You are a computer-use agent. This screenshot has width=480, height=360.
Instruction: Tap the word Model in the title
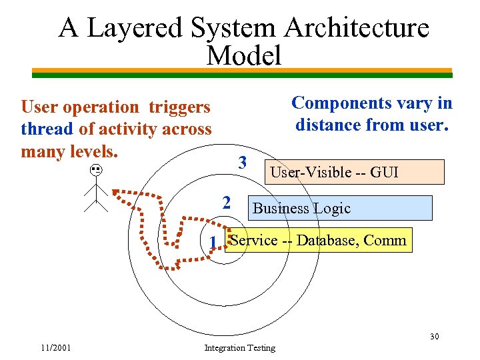point(244,55)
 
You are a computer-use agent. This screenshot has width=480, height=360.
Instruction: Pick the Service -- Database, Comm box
point(319,240)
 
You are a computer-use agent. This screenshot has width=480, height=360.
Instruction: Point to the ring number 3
point(243,162)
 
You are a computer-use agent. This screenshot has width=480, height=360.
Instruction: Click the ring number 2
point(227,202)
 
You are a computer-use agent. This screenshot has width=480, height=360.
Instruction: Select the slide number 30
point(434,336)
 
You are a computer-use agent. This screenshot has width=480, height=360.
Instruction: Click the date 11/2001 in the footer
point(57,347)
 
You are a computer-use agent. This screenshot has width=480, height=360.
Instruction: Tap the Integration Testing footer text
point(239,347)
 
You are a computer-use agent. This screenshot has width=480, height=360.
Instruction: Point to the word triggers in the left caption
point(179,107)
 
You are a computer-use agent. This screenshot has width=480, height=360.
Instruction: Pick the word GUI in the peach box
point(384,172)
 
